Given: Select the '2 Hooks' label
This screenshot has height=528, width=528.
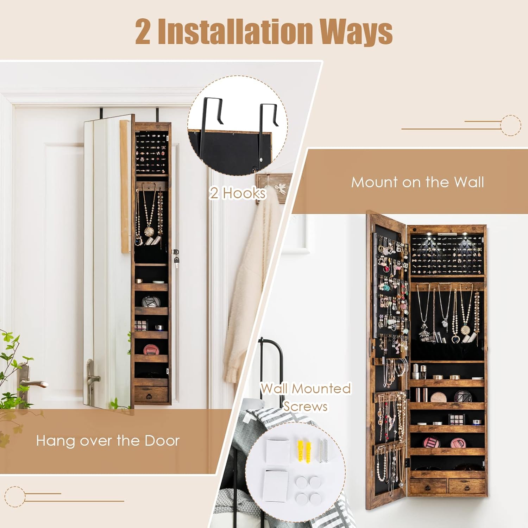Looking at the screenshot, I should coord(238,193).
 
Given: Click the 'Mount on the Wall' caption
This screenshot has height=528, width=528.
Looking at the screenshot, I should coord(417,182).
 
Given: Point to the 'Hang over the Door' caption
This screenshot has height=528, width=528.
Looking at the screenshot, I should coord(108,441).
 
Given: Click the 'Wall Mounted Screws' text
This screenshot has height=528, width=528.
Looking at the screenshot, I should coord(306,397).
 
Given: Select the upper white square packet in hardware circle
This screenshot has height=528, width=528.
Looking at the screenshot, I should coord(277,451).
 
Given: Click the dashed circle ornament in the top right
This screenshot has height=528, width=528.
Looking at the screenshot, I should coord(510,125).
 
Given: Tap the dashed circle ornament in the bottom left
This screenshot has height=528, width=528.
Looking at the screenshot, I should coord(15,496).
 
